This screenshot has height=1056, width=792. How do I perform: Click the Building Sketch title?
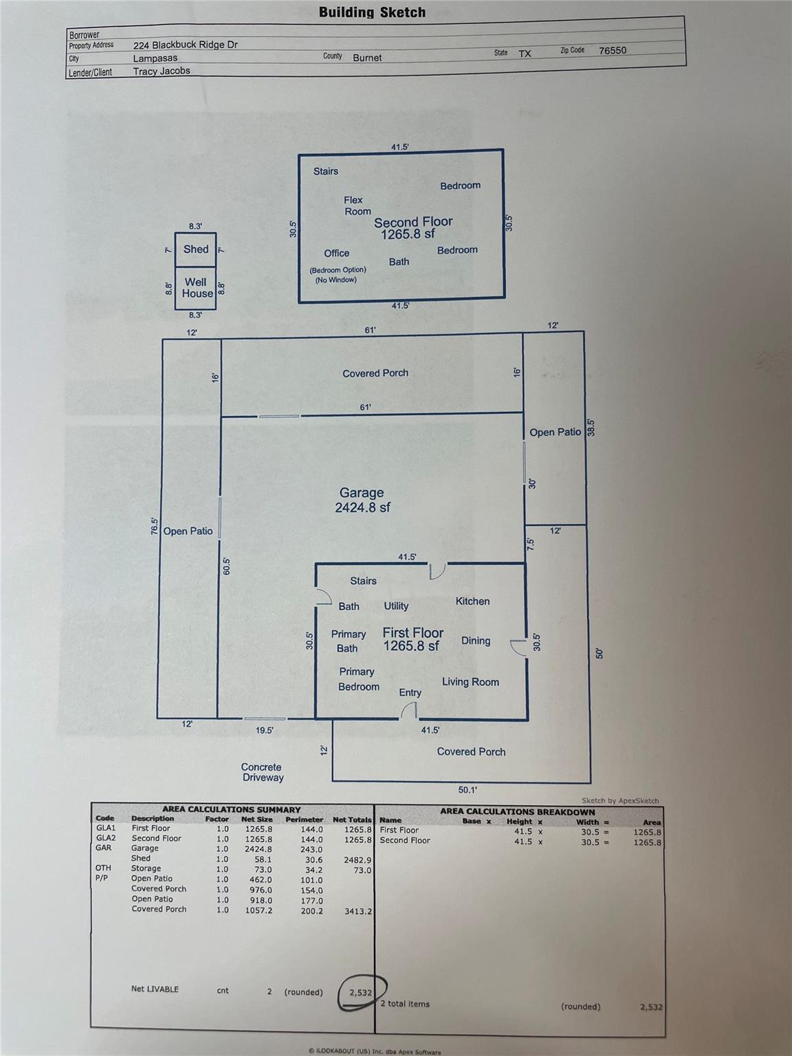(372, 12)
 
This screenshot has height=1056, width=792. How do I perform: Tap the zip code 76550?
(612, 50)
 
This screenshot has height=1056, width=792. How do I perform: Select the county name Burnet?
(367, 58)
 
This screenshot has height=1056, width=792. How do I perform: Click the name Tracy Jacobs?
(162, 71)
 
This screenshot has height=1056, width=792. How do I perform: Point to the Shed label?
(196, 250)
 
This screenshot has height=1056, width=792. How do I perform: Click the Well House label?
(197, 287)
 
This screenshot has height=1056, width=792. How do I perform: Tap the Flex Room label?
(356, 206)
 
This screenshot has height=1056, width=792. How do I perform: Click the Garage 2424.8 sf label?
(362, 500)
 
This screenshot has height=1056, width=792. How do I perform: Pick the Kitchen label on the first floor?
(472, 601)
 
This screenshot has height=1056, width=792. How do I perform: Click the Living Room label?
(470, 682)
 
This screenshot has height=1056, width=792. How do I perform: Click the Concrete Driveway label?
(262, 772)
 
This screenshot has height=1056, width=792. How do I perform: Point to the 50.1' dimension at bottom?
(467, 790)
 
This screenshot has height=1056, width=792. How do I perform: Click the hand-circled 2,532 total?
(361, 993)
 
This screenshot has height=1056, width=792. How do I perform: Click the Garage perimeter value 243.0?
(311, 849)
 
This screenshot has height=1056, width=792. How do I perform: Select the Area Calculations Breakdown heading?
(517, 812)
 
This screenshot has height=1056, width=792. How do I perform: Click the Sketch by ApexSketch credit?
(619, 800)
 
